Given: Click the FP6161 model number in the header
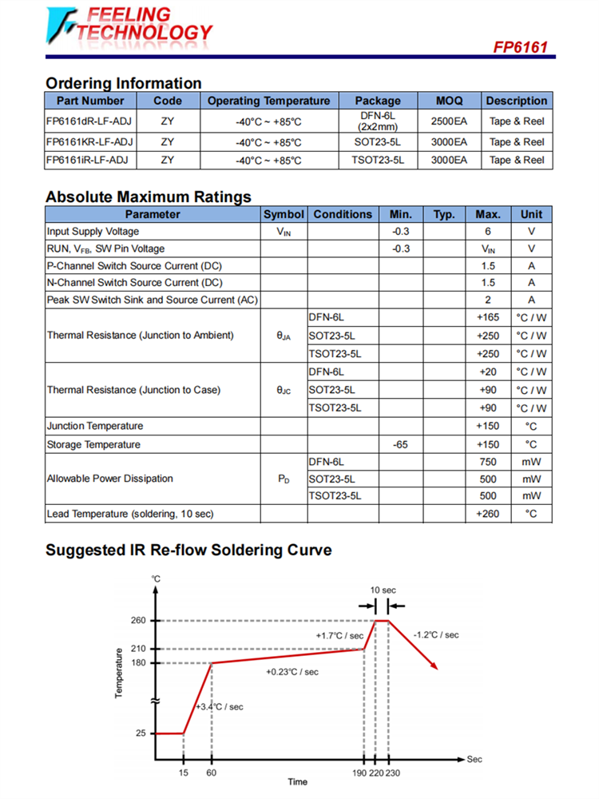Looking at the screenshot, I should coord(520,47).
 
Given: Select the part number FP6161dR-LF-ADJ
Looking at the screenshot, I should coord(89,121).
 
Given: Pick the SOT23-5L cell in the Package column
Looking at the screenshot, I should coord(377,142).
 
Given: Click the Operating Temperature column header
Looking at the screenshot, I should coord(268,101).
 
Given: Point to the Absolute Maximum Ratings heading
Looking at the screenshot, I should coord(149,197).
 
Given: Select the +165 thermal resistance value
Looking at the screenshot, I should coord(488,318).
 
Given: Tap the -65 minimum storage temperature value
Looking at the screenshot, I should coord(401,444).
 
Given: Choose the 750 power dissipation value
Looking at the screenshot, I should coord(488,462).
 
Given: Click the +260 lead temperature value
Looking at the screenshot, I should coord(488,514).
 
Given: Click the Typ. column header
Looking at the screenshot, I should coord(444,214).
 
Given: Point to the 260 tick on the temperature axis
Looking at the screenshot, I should coord(138,620).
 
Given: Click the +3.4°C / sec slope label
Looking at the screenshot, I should coord(219,707).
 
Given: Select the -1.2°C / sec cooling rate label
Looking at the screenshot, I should coord(436,634).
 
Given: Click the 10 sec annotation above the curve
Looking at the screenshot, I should coord(383,590).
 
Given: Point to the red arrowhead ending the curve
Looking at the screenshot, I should coord(434,666).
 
